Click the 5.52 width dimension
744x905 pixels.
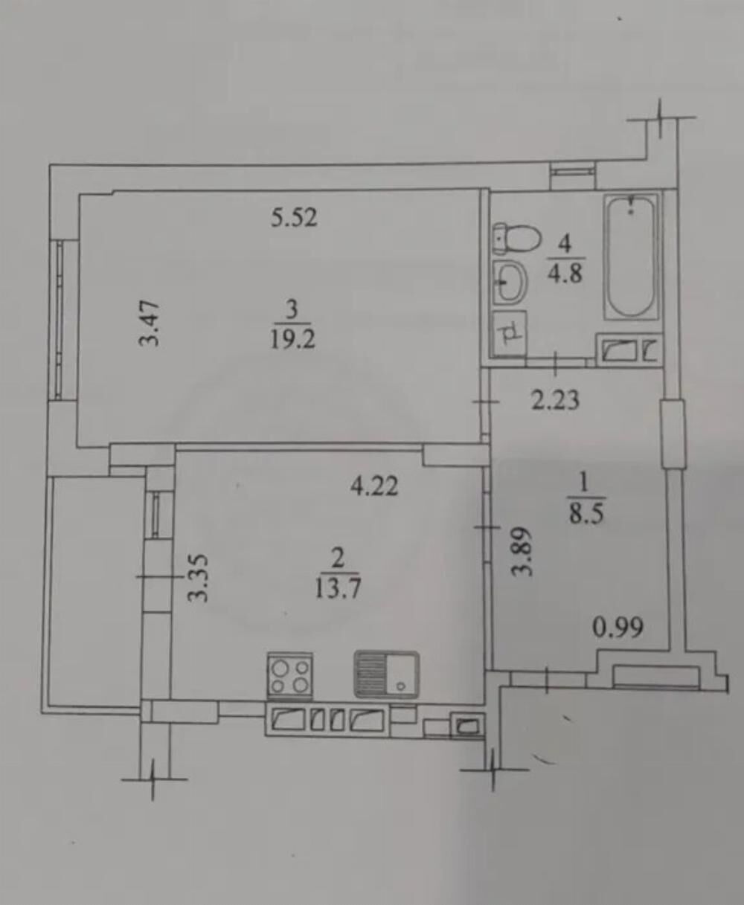294,218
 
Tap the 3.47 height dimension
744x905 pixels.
150,323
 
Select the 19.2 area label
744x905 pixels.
292,340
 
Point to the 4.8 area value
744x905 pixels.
565,272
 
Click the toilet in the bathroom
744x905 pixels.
516,239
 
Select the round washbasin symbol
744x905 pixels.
510,283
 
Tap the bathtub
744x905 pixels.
631,257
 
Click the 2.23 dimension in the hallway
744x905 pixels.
555,400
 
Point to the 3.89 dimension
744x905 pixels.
522,552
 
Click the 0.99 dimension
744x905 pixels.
618,628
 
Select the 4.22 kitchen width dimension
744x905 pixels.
374,486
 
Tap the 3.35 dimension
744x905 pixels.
199,579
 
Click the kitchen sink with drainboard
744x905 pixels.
386,674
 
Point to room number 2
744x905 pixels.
338,558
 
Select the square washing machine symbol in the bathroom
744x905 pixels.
510,333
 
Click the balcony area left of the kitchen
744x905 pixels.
94,593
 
